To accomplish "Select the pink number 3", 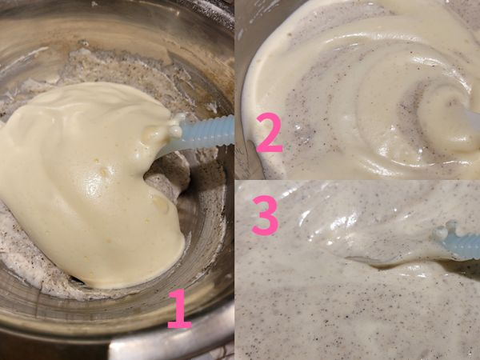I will tap(265, 215).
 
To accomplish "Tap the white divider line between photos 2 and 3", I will tap(360, 180).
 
